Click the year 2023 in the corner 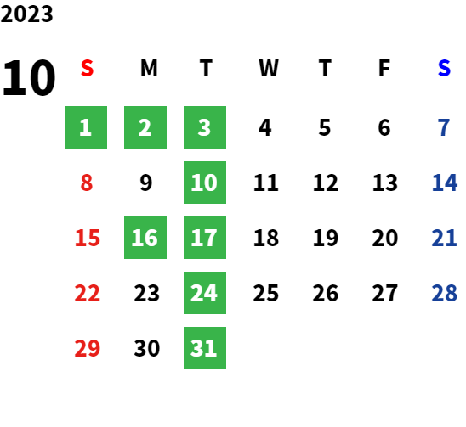pos(26,14)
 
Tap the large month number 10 pos(29,77)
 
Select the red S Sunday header pos(87,68)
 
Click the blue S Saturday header pos(444,68)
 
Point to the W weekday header pos(269,68)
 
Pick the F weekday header pos(384,68)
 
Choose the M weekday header pos(149,68)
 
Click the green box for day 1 pos(86,127)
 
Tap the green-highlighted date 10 pos(205,183)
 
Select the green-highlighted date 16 pos(145,238)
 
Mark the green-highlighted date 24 pos(205,293)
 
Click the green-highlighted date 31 pos(205,348)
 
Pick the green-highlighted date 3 pos(205,127)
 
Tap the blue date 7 pos(444,127)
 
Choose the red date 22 pos(87,293)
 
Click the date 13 pos(385,183)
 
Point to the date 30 pos(147,348)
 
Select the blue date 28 pos(444,293)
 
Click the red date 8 pos(87,183)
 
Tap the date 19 pos(326,238)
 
